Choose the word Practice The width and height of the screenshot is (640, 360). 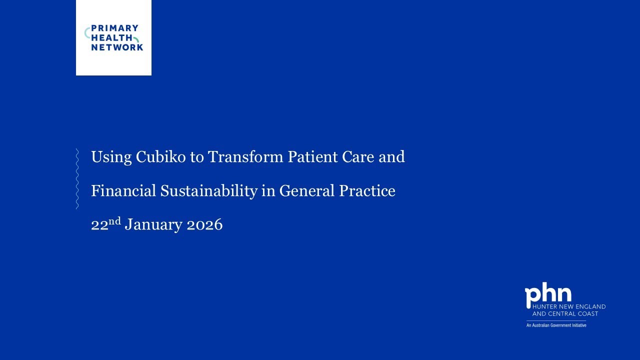point(367,191)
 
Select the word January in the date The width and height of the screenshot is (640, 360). point(153,225)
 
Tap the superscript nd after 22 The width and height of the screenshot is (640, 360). point(115,220)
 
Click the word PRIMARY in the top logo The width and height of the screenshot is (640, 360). point(114,28)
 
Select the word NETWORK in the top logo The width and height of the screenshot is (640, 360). point(117,47)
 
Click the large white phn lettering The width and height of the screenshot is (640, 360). point(548,295)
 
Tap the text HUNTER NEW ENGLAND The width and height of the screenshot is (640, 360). point(569,306)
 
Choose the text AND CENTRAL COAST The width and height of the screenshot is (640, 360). point(565,313)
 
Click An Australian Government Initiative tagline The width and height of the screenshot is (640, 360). point(556,325)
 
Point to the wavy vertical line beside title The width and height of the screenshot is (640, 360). point(77,178)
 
